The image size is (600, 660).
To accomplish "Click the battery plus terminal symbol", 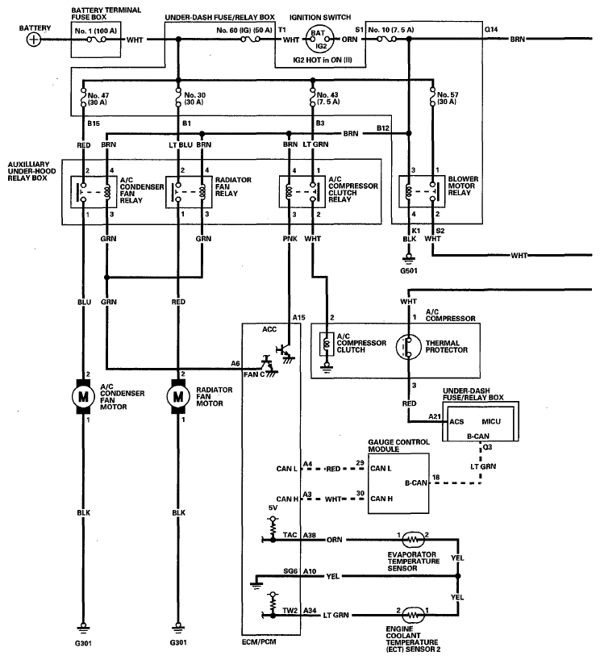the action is tap(33, 40).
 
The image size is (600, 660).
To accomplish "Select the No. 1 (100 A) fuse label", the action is tap(95, 31).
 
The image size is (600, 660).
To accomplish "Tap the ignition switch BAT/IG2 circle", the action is tap(319, 39).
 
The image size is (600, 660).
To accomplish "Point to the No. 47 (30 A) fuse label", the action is tap(98, 99).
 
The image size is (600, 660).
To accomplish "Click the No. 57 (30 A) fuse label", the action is tap(448, 98).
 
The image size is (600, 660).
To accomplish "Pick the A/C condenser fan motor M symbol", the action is tap(83, 396).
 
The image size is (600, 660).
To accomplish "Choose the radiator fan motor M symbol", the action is tap(178, 396).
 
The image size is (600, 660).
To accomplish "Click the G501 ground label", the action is tap(409, 270).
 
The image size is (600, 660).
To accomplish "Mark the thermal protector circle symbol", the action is tap(408, 347).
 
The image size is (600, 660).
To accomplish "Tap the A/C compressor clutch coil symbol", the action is tap(327, 345).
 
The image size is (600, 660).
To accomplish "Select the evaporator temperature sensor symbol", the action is tap(413, 539).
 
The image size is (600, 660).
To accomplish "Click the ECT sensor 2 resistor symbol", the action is tap(413, 615).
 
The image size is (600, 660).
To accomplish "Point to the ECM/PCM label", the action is tap(259, 642).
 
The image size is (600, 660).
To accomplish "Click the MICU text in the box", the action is tap(491, 421).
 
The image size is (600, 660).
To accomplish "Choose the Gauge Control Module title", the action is tap(398, 445).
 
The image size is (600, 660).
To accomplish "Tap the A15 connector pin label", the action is tap(298, 317).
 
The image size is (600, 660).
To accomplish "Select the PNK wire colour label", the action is tap(290, 239).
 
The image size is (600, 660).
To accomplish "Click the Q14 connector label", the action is tap(490, 30).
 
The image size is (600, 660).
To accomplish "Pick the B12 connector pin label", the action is tap(383, 128).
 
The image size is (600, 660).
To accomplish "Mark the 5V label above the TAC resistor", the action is tap(273, 508).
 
